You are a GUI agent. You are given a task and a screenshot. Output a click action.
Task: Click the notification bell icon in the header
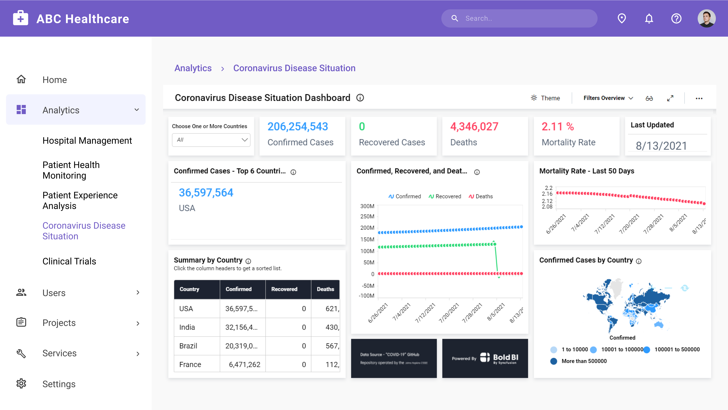pyautogui.click(x=649, y=19)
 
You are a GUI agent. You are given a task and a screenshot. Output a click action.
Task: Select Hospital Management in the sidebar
pyautogui.click(x=87, y=141)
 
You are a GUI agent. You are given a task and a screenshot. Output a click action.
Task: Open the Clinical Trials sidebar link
pyautogui.click(x=69, y=261)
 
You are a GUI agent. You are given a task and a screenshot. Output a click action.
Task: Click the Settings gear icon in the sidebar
pyautogui.click(x=21, y=384)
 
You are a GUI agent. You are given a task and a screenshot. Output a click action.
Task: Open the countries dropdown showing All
pyautogui.click(x=211, y=140)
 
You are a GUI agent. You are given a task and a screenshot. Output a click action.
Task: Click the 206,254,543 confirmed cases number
pyautogui.click(x=298, y=126)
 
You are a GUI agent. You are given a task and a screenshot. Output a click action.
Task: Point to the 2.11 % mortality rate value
pyautogui.click(x=558, y=126)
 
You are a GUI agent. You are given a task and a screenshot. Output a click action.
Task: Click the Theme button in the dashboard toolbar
pyautogui.click(x=545, y=98)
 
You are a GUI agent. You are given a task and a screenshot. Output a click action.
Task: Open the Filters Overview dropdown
pyautogui.click(x=608, y=98)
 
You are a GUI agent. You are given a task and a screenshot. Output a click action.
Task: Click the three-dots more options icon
pyautogui.click(x=699, y=98)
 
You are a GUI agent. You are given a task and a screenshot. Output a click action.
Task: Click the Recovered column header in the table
pyautogui.click(x=284, y=289)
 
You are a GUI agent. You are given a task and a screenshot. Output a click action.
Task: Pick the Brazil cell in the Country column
pyautogui.click(x=188, y=346)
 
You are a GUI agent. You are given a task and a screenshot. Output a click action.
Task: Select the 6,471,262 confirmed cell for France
pyautogui.click(x=244, y=364)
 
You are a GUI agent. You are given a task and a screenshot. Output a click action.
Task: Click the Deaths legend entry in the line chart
pyautogui.click(x=481, y=196)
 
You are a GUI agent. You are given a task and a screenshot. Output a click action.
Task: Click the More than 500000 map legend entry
pyautogui.click(x=584, y=361)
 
